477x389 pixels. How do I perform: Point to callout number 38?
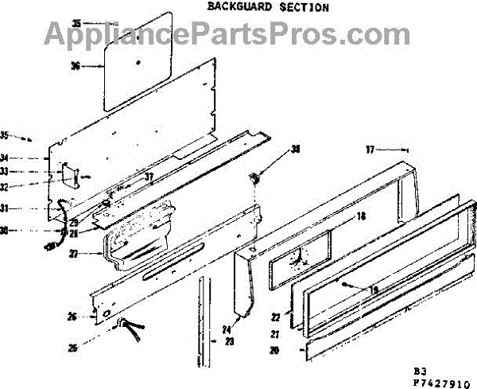pyautogui.click(x=296, y=149)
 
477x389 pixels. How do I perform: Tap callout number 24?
pyautogui.click(x=226, y=330)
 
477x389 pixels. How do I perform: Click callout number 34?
pyautogui.click(x=25, y=158)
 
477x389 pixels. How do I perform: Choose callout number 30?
pyautogui.click(x=25, y=231)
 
